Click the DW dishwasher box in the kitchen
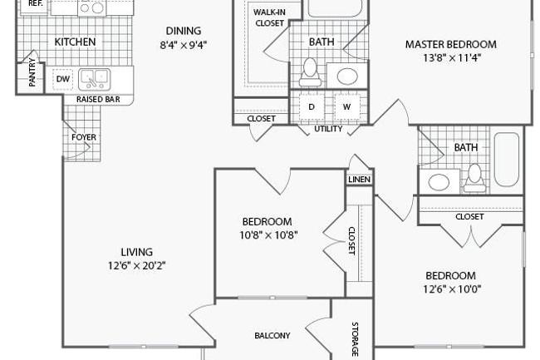[62, 79]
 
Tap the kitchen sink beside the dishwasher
[95, 79]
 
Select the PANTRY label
[32, 72]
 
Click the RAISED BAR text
[98, 100]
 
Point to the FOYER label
[84, 137]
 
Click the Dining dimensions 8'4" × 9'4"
[184, 45]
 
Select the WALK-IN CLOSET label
[269, 17]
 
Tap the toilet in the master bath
[311, 72]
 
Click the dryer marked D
[312, 106]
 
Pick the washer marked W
[346, 106]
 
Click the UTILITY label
[328, 129]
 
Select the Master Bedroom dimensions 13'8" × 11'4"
[451, 57]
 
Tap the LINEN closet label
[359, 180]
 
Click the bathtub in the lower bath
[506, 160]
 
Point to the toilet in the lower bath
[474, 178]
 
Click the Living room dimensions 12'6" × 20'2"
[137, 265]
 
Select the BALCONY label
[272, 335]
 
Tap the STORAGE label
[355, 339]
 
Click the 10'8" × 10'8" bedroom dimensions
[268, 235]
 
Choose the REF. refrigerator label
[36, 4]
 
